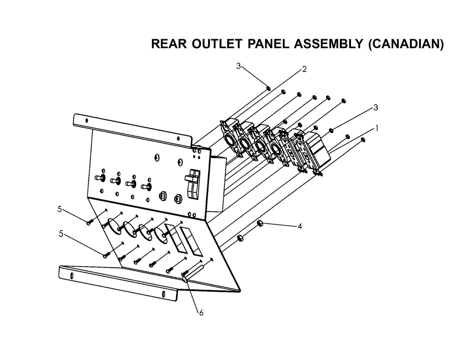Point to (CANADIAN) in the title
point(406,44)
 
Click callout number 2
point(304,69)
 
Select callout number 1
point(376,128)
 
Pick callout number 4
point(300,226)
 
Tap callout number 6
point(201,313)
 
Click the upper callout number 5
point(59,209)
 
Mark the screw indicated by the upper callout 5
point(90,222)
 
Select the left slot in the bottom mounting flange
point(71,276)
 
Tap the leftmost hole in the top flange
point(86,121)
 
